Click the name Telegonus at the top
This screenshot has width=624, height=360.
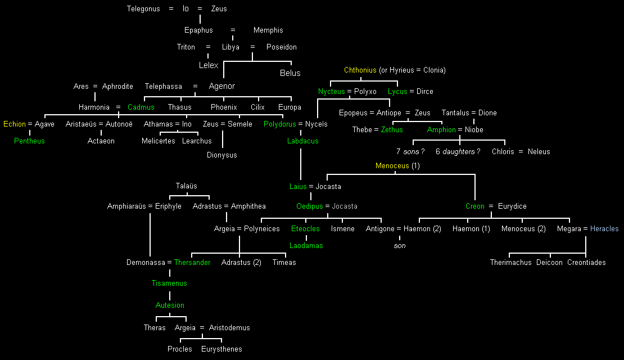point(143,9)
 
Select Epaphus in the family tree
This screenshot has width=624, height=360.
point(198,30)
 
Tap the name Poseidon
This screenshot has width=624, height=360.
point(282,47)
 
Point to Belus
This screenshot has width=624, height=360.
point(290,73)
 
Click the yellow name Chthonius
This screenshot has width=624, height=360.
point(360,70)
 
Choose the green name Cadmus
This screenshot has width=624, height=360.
point(141,107)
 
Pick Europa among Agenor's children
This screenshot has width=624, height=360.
point(290,107)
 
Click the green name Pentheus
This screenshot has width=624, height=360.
point(29,141)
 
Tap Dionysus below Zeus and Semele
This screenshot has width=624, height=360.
point(222,155)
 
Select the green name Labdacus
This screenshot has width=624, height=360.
point(302,141)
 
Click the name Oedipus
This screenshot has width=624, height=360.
point(310,206)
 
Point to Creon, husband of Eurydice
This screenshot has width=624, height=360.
point(475,206)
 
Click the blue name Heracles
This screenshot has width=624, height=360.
point(604,229)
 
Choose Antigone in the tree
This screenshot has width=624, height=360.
point(380,229)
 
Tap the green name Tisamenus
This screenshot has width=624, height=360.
point(169,283)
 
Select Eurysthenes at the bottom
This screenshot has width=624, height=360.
point(221,349)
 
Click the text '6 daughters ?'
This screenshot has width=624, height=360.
point(458,152)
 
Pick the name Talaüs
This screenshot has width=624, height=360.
point(187,186)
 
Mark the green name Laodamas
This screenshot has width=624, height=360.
point(306,246)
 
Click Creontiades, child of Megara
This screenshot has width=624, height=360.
point(586,263)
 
